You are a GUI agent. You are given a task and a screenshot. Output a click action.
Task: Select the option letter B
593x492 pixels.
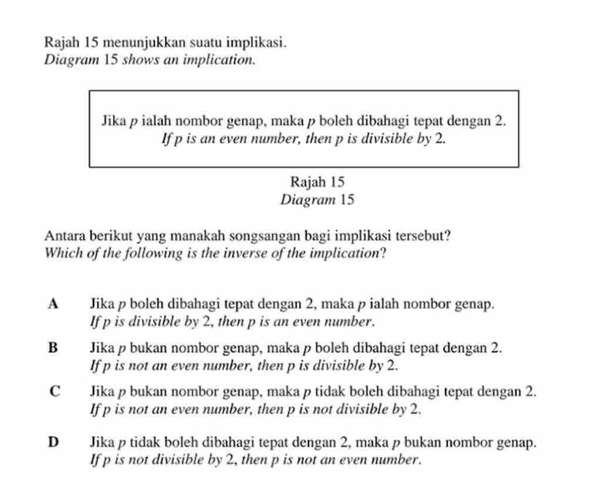(x=53, y=347)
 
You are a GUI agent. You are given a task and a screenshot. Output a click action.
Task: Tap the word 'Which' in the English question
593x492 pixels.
(x=60, y=253)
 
